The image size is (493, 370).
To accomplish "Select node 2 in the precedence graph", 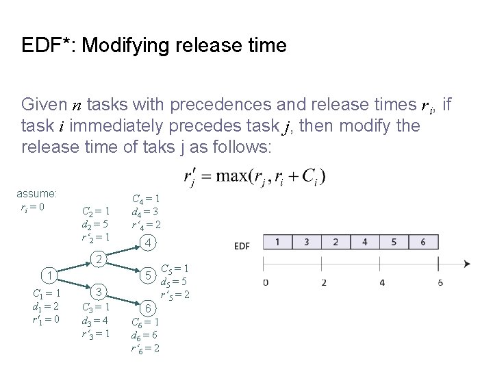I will coord(99,260).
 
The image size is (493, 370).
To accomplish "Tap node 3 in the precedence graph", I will coord(99,292).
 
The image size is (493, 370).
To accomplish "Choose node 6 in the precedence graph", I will coord(148,309).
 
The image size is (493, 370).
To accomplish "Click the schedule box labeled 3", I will coord(306,243).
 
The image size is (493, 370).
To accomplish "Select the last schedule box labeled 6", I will coord(424,243).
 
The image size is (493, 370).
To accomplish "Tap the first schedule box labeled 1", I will coord(277,243).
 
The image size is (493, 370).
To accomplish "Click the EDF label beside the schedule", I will coord(242,245).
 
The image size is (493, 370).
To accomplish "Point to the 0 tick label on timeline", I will coord(265,282).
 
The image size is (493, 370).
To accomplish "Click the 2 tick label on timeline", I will coord(323,282).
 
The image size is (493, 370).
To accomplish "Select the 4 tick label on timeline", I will coord(381,282).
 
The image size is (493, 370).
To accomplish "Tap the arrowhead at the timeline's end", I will coord(466,264).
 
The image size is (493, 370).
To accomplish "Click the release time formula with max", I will coord(255,177).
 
